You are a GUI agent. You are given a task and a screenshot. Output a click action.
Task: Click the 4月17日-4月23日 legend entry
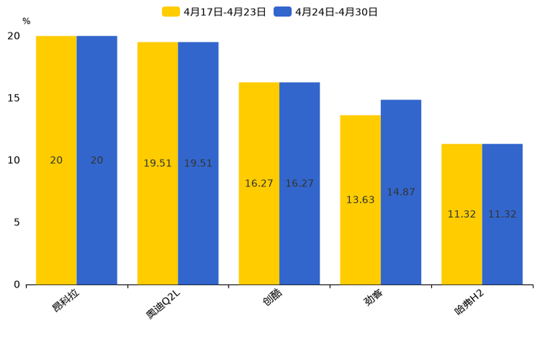(x=214, y=12)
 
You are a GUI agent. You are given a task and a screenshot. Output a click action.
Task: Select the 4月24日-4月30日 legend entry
(x=326, y=12)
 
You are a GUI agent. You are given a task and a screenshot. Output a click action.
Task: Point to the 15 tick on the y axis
(x=14, y=98)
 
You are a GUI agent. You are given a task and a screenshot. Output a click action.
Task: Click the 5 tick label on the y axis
(x=17, y=222)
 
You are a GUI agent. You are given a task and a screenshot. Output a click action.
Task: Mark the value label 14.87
(x=401, y=192)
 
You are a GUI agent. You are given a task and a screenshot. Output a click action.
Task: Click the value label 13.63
(x=360, y=200)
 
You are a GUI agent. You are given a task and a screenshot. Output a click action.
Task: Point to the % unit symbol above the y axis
(x=26, y=22)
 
